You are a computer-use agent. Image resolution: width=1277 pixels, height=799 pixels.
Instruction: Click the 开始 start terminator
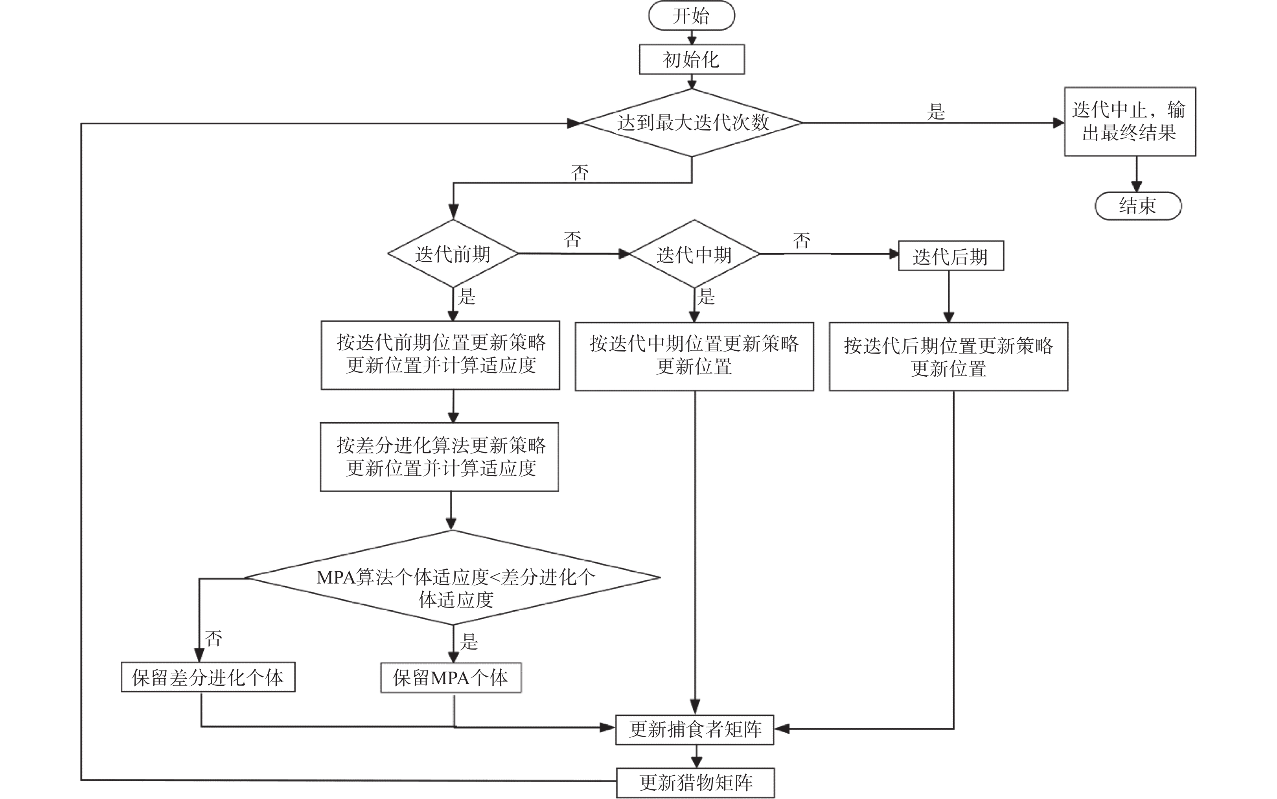coord(691,16)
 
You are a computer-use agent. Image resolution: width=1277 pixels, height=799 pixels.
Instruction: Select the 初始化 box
coord(691,59)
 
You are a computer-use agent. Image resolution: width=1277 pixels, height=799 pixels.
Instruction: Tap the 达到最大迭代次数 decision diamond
coord(692,123)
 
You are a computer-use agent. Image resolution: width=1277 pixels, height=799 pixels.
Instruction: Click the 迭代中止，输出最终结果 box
coord(1130,122)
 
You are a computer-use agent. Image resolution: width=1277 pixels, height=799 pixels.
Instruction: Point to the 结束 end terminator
coord(1137,206)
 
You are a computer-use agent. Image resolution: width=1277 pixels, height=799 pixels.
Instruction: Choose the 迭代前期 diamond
coord(453,254)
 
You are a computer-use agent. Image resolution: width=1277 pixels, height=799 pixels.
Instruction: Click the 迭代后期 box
coord(951,256)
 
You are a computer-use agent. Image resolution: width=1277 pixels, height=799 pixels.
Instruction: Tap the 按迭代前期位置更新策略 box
coord(440,355)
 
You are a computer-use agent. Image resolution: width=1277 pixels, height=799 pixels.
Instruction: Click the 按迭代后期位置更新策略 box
coord(948,357)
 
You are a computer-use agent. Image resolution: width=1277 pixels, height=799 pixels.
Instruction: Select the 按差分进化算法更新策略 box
coord(439,457)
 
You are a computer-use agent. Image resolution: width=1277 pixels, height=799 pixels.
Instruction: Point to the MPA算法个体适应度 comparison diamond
coord(453,577)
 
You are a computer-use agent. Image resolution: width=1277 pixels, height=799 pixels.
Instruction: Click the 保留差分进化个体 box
coord(208,677)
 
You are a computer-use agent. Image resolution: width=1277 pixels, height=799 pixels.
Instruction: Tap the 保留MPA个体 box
coord(451,677)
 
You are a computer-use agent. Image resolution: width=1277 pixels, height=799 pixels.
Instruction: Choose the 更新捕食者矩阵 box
coord(694,730)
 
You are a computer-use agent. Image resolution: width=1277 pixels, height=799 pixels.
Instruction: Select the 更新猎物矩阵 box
coord(695,782)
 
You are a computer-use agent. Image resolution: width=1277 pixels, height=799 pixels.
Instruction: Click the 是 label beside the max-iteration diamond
coord(936,112)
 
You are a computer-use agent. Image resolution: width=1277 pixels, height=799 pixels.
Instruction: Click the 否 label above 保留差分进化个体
coord(213,638)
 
